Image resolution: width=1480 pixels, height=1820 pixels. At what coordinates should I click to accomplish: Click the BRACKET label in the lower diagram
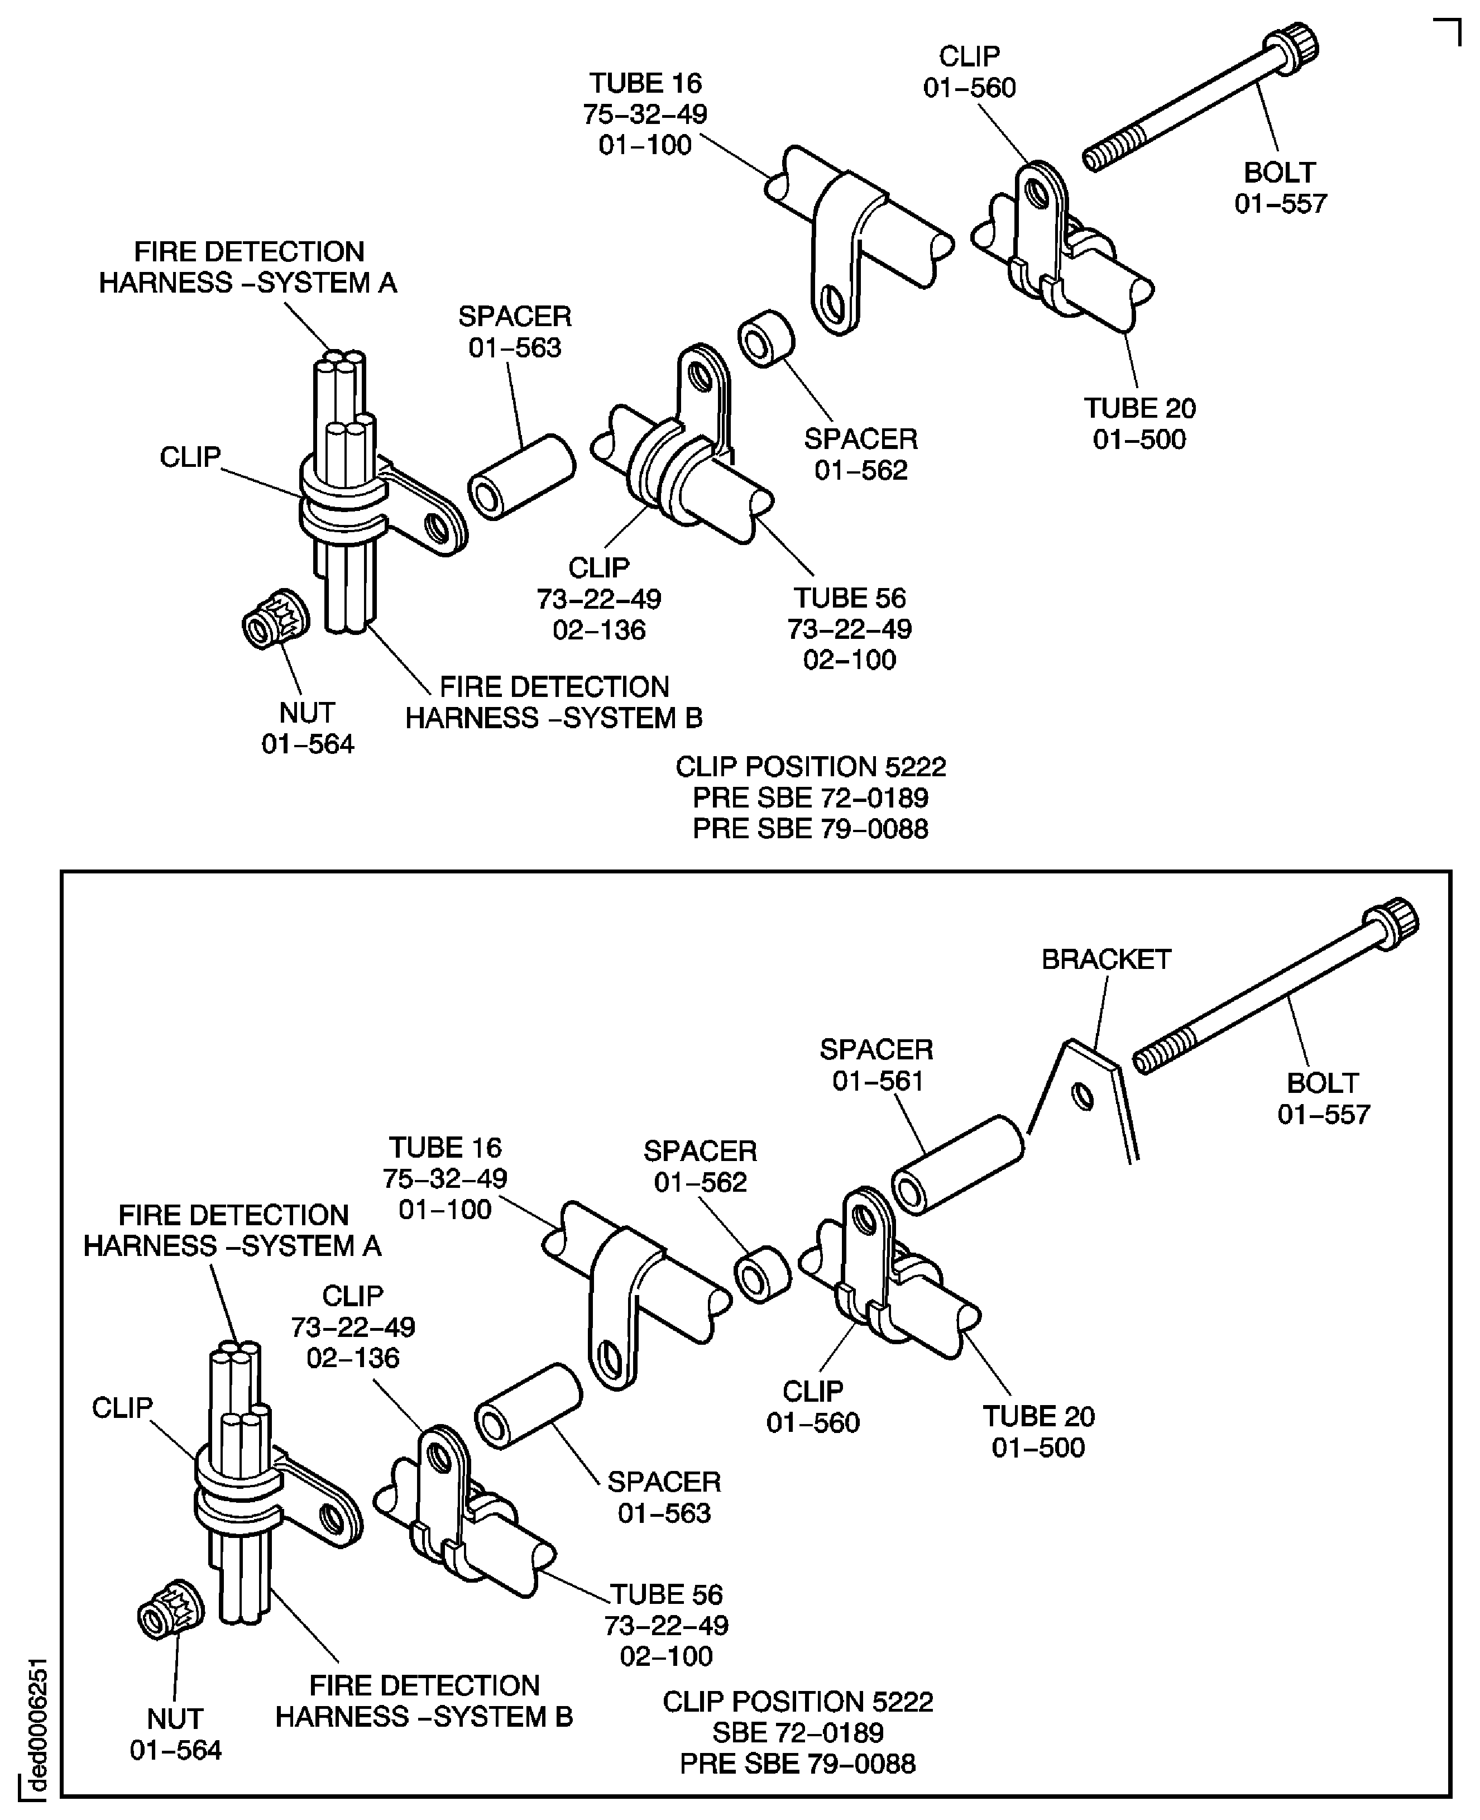tap(1106, 959)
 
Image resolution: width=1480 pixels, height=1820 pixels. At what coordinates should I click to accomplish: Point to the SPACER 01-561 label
tap(876, 1065)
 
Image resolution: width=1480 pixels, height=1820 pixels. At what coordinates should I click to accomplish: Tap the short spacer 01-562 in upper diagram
tap(765, 338)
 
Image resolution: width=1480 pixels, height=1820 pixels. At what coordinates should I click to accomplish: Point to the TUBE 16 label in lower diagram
tap(445, 1178)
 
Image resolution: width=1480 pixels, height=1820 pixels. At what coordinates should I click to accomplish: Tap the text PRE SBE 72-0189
tap(810, 797)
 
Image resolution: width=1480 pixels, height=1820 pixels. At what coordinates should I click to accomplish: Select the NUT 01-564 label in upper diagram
tap(307, 728)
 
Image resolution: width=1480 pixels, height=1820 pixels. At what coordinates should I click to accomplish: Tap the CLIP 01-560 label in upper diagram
tap(969, 71)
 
